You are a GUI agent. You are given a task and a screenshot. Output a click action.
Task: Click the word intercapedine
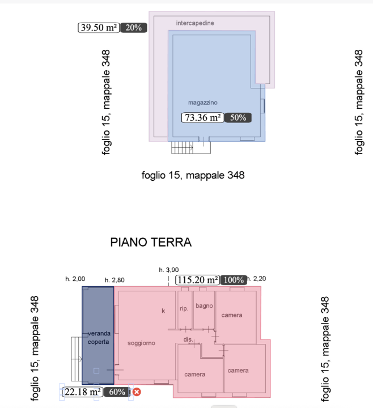tap(194, 23)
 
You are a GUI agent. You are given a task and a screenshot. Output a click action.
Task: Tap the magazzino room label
tap(203, 103)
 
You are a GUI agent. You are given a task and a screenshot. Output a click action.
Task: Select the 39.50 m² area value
tap(98, 27)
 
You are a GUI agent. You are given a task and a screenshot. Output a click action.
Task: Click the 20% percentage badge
tap(134, 27)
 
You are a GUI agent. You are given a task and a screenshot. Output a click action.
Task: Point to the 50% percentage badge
tap(238, 118)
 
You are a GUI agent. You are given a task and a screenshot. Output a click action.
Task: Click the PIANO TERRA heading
tap(151, 243)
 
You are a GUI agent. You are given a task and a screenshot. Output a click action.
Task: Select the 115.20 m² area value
tap(198, 279)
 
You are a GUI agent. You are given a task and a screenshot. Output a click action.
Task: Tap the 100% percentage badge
tap(234, 279)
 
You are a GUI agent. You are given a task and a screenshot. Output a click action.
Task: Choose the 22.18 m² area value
tap(82, 392)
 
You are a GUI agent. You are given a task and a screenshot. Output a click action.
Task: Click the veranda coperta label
tap(98, 338)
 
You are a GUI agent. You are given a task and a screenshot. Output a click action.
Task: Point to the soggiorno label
tap(141, 343)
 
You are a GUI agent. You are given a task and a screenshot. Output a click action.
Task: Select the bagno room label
tap(204, 306)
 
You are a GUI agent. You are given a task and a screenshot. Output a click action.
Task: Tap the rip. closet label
tap(184, 309)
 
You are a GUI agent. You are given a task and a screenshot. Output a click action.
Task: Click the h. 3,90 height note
tap(168, 270)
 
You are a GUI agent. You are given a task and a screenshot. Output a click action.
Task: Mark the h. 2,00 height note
tap(75, 279)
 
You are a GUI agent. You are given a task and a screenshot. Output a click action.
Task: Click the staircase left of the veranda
tap(76, 358)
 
